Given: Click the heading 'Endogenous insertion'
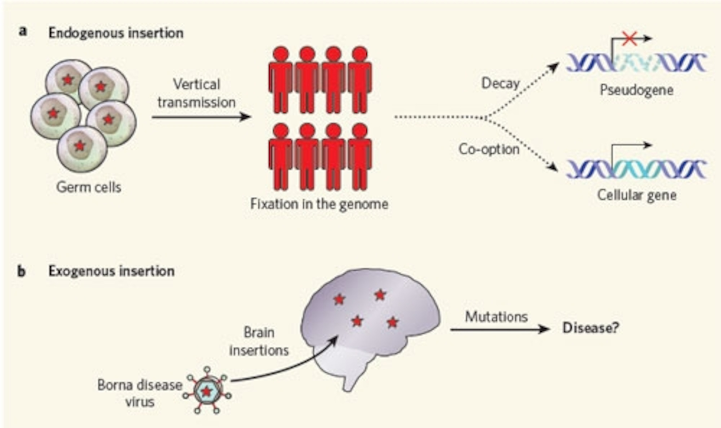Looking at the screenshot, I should [x=116, y=33].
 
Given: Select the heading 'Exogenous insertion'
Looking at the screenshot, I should [x=111, y=271].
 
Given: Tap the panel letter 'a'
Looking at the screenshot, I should [x=23, y=31].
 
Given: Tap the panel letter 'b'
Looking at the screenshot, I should [x=21, y=271].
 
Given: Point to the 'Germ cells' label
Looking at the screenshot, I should [x=89, y=187].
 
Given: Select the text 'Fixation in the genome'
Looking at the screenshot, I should [x=319, y=204].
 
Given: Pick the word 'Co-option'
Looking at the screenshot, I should [x=489, y=149].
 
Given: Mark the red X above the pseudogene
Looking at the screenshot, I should [x=630, y=39].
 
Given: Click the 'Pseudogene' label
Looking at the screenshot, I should [x=637, y=90].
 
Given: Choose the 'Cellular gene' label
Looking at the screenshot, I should [x=637, y=195].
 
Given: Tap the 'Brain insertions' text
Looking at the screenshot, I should [x=259, y=341].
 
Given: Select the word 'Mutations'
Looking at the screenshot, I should [x=496, y=317].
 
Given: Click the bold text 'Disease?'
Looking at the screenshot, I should [x=591, y=328].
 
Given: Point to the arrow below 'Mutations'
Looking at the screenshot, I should [x=499, y=329].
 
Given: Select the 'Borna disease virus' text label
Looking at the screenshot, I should [x=140, y=393].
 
